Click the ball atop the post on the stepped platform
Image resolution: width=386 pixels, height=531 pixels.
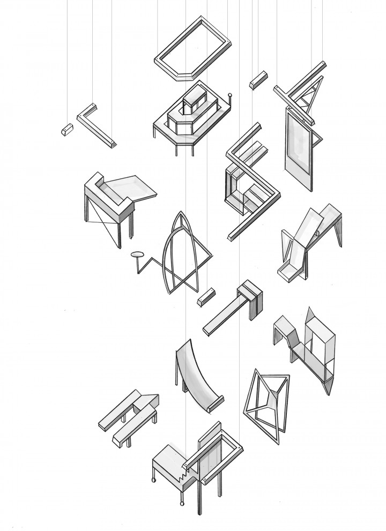[x=231, y=96]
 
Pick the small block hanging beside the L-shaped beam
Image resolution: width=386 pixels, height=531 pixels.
[x=68, y=130]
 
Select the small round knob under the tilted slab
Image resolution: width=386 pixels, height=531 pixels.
[x=317, y=234]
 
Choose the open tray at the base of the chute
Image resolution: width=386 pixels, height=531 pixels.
[x=289, y=273]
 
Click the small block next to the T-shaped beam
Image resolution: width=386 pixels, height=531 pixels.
[x=206, y=296]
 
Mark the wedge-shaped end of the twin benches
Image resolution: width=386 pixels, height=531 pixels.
[x=150, y=400]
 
